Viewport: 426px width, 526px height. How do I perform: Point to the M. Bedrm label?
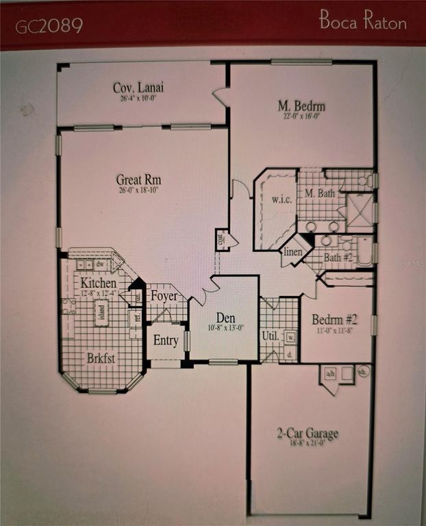301,106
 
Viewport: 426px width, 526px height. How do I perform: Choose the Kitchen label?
99,282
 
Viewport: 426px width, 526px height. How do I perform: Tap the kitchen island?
102,312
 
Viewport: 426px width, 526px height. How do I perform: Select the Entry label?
166,340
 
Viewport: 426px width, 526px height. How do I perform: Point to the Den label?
225,317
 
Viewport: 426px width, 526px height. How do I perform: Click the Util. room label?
268,336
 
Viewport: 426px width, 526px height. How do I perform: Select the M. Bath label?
320,193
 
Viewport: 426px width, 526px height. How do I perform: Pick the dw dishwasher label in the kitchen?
101,264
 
